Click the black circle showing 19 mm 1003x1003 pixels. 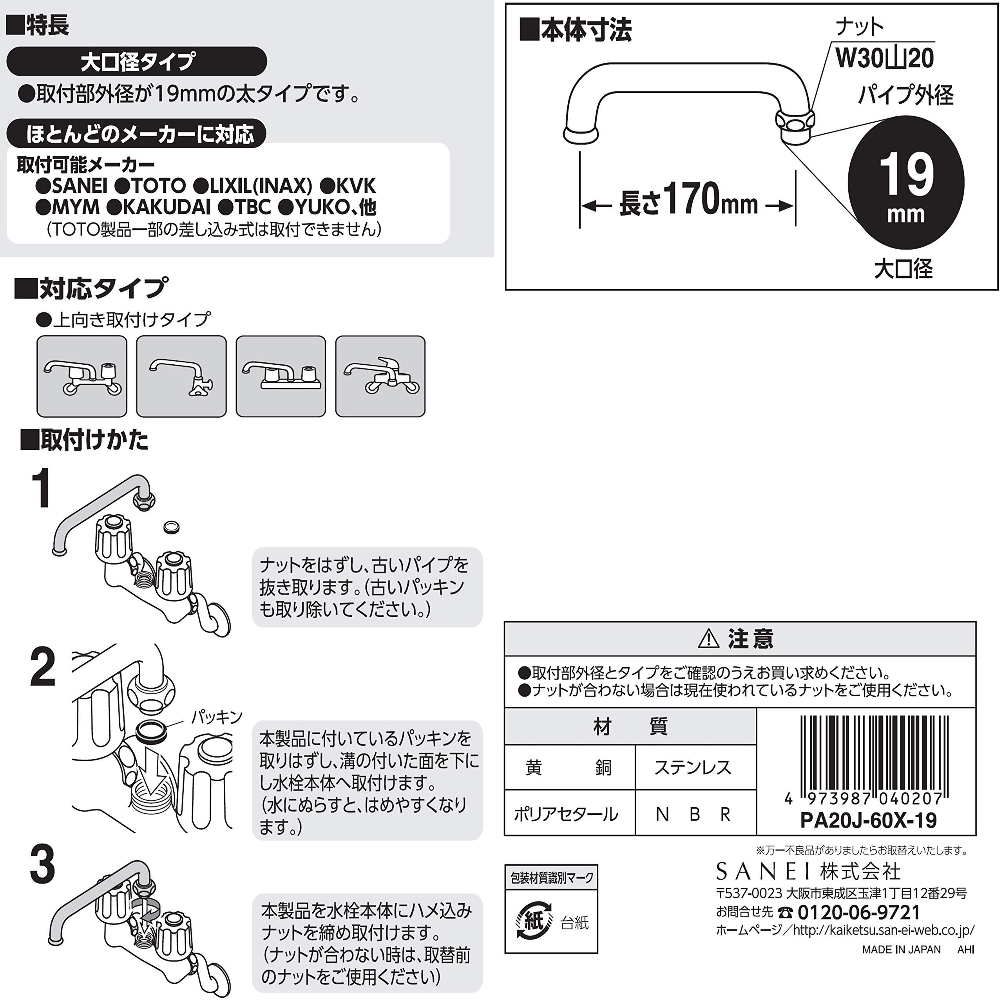[905, 182]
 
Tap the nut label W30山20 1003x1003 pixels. [884, 58]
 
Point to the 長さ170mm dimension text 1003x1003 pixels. [688, 200]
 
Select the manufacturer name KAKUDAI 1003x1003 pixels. [158, 207]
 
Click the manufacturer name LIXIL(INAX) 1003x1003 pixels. [253, 185]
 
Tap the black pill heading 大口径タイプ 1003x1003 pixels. [136, 61]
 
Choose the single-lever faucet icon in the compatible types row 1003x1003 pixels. [380, 377]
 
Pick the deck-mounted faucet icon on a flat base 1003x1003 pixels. [281, 377]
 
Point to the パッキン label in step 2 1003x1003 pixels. [217, 717]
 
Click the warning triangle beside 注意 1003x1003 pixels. [709, 639]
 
